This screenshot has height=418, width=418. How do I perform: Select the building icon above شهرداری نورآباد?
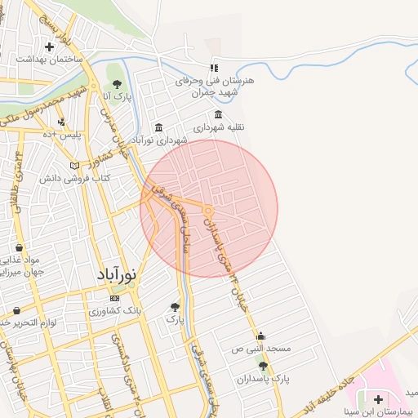point(158,127)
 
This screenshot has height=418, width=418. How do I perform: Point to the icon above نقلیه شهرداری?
point(218,114)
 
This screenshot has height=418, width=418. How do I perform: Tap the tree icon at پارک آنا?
point(117,84)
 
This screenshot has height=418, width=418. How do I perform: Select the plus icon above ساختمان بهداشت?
point(51,47)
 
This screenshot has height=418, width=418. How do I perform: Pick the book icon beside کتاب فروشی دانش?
point(75,166)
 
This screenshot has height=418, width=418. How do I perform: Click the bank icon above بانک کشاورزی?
point(114,299)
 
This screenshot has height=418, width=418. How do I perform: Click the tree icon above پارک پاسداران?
point(262,366)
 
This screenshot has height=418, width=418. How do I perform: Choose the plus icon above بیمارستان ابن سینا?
point(378,398)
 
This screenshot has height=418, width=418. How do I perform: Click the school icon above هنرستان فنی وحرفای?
point(214,69)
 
